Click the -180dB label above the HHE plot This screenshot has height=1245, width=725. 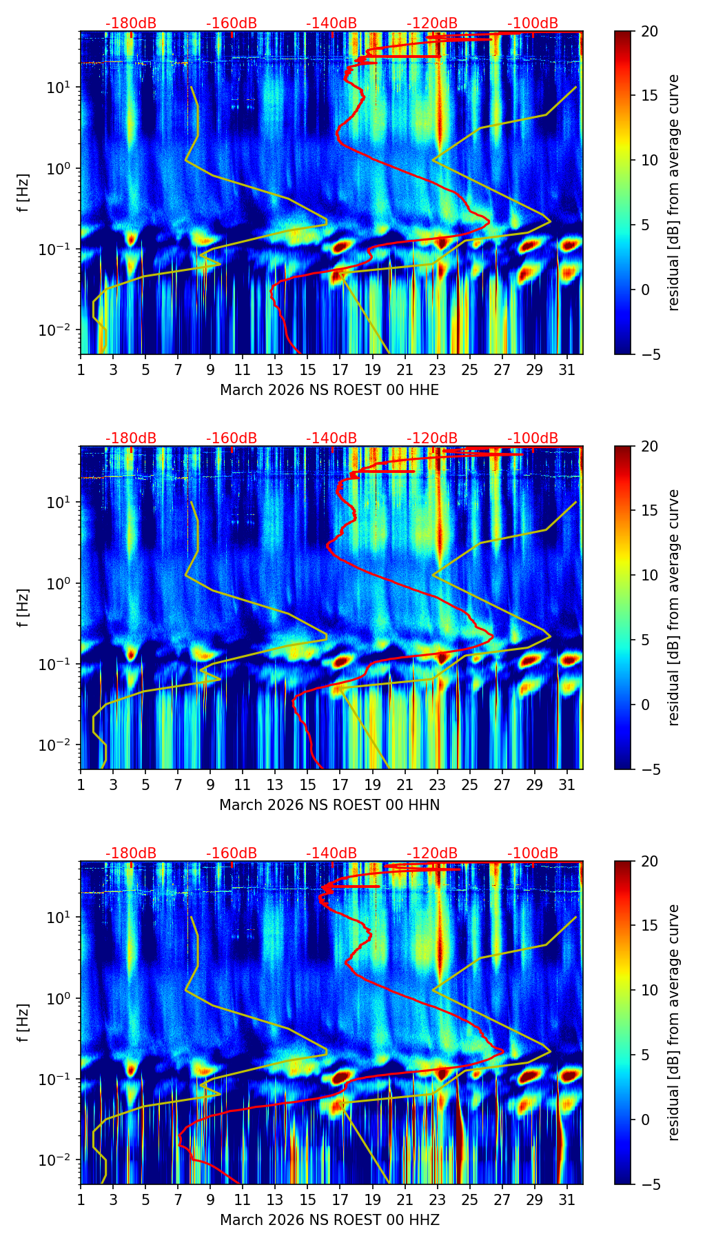[131, 23]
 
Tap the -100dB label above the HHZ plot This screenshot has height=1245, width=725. [533, 853]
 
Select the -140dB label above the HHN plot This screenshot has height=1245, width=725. [331, 438]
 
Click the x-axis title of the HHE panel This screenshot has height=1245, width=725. [329, 390]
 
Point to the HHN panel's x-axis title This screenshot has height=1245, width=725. [329, 805]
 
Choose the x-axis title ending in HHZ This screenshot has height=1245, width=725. [329, 1220]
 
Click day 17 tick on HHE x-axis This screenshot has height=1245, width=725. [340, 370]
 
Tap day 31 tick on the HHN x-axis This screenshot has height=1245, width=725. [566, 785]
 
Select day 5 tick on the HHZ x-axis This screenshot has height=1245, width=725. [145, 1200]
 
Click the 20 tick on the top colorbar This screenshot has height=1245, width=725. [650, 32]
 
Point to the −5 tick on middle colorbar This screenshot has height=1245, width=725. [650, 769]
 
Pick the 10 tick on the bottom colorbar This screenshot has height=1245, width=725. [650, 991]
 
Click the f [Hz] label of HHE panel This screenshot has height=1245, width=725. [23, 193]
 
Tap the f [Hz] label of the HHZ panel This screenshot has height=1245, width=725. [23, 1023]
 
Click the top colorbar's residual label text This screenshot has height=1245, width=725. [673, 193]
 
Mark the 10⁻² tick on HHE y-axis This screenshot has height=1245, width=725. [56, 331]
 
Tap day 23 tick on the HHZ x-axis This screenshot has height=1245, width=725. [437, 1200]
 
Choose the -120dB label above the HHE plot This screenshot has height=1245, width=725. [432, 23]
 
